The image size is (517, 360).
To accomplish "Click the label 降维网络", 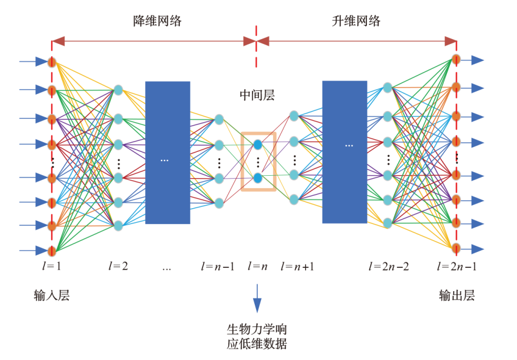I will [157, 22].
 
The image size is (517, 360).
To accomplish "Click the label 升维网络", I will [356, 22].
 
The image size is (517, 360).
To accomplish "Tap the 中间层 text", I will [257, 95].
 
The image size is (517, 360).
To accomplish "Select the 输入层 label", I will [51, 295].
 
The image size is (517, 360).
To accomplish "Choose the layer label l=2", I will [118, 265].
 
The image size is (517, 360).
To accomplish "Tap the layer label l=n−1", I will [217, 265].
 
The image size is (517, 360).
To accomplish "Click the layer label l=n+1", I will [297, 265].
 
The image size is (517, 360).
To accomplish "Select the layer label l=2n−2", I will [388, 265].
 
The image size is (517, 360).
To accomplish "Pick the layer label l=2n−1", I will [456, 265].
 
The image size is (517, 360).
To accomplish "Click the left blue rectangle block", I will [168, 152].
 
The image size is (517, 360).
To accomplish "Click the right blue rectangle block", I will [345, 152].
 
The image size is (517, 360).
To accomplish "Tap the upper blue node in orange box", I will [258, 144].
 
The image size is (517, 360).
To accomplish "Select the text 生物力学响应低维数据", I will [257, 337].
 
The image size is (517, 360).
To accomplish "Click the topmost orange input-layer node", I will [52, 61].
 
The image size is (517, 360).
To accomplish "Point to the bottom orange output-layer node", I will [456, 248].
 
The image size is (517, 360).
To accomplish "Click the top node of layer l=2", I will [118, 90].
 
